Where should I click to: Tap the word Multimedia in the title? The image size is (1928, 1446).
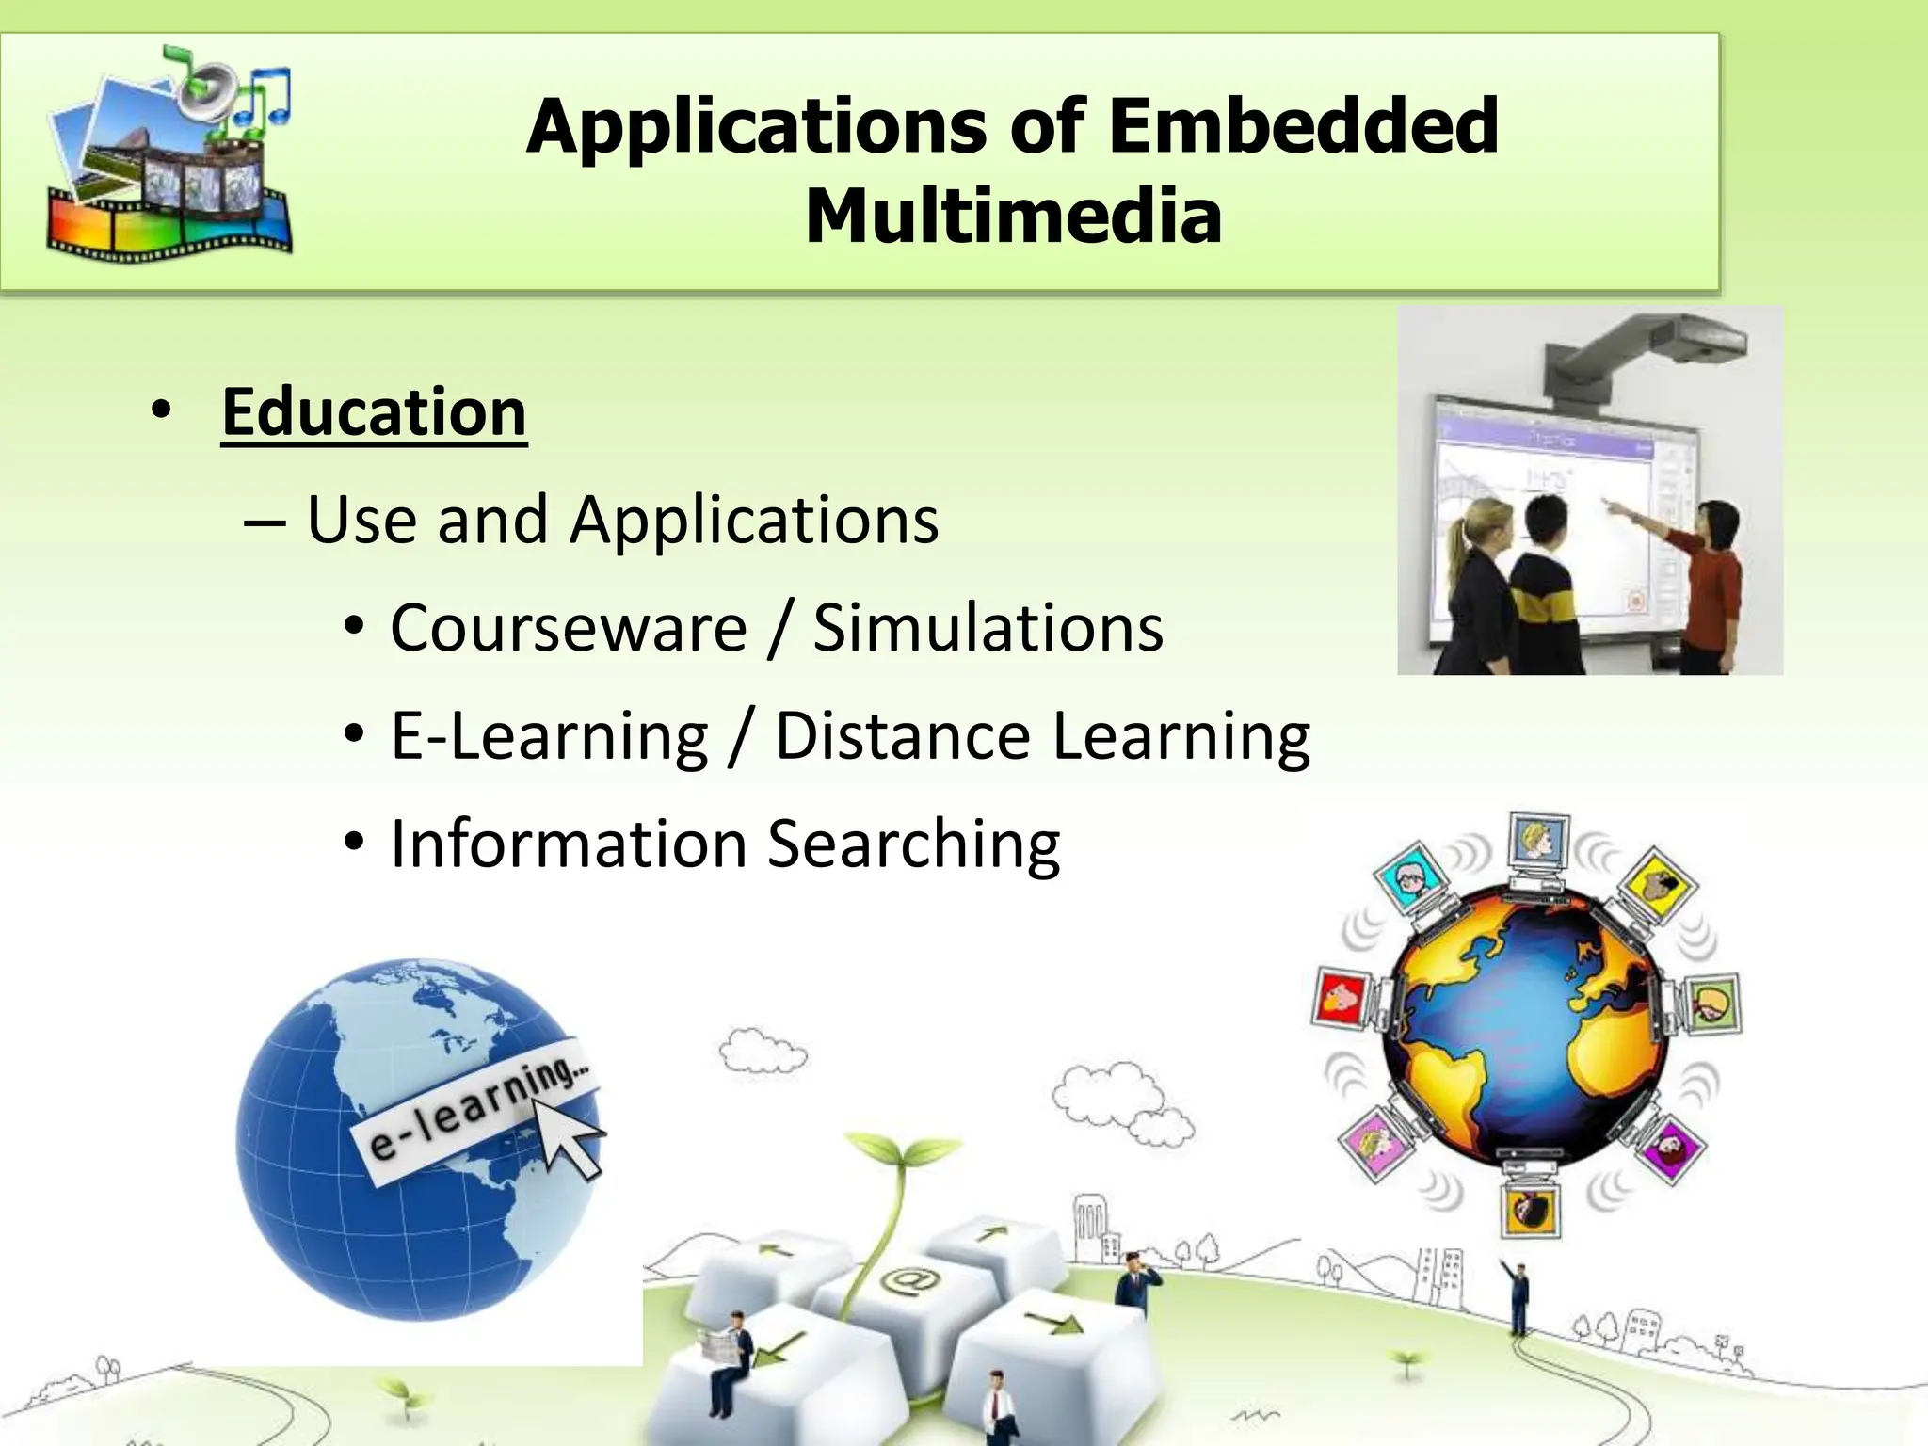pos(1013,217)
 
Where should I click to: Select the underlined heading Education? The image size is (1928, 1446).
pos(374,412)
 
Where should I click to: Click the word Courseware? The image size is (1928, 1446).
pos(569,628)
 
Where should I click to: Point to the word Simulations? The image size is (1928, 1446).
pos(988,628)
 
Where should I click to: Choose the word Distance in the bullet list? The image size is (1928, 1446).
pos(902,735)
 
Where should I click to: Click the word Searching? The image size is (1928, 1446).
pos(913,843)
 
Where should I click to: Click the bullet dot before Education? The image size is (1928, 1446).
pos(161,411)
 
